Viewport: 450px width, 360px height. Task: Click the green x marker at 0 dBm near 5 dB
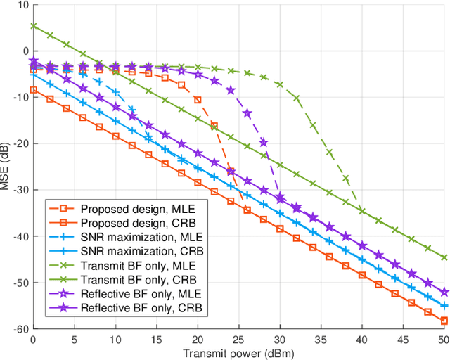(33, 25)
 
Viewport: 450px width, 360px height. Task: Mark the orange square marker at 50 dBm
(444, 321)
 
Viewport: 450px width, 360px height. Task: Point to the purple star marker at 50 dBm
(444, 292)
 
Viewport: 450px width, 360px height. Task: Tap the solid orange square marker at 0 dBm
(33, 90)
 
